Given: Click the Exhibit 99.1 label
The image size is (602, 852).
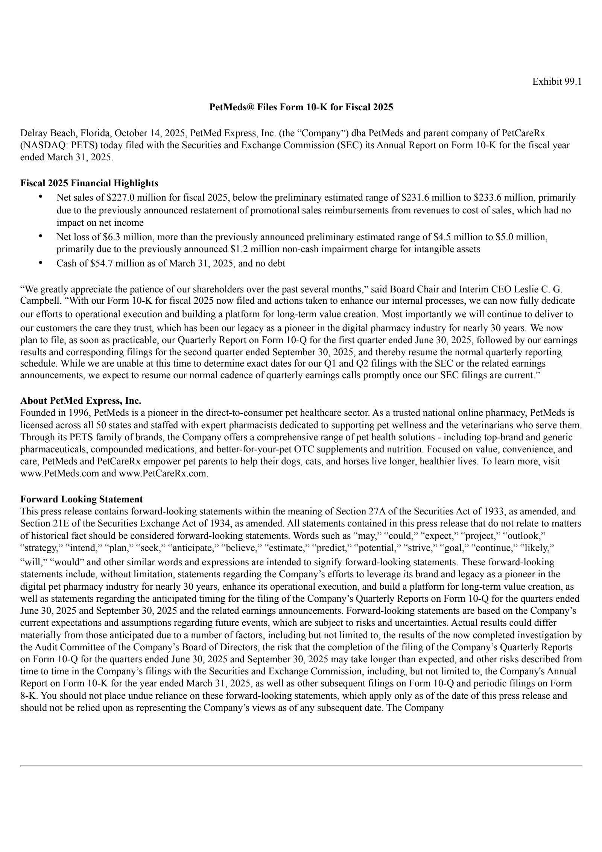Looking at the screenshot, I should coord(557,82).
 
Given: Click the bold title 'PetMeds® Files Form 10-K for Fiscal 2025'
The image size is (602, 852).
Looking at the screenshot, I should coord(301,108).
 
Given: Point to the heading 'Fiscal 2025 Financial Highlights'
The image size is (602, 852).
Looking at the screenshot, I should coord(89,183).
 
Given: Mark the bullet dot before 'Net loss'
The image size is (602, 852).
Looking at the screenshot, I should coord(41,236).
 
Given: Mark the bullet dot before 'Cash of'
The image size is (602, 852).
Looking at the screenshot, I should coord(41,262).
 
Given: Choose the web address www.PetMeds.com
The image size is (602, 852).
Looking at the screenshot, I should coord(59,473).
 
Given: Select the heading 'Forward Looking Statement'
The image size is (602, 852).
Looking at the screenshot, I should coord(82,499).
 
